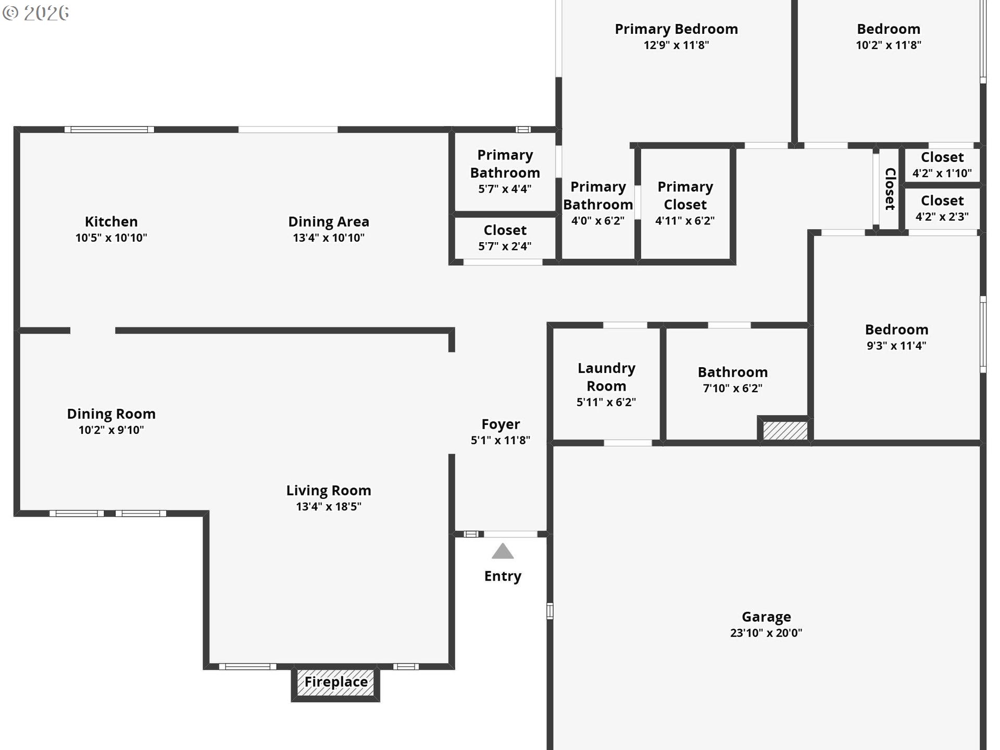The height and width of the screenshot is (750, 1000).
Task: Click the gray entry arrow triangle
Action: tap(503, 552)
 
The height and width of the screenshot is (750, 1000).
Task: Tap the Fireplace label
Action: tap(336, 682)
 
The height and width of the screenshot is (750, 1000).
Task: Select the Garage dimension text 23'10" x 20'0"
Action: tap(766, 633)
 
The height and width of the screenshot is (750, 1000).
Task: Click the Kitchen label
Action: tap(111, 221)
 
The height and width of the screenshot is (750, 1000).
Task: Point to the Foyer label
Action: tap(501, 424)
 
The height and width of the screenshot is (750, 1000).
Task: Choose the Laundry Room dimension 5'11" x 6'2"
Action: tap(606, 402)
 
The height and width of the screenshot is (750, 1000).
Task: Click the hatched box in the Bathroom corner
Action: tap(785, 431)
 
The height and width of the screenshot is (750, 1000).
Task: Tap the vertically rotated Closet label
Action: tap(890, 189)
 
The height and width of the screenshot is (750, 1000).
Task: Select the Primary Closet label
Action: tap(685, 195)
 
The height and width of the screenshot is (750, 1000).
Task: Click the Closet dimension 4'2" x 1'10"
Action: tap(942, 173)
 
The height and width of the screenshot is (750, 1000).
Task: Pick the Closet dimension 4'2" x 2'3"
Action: tap(942, 217)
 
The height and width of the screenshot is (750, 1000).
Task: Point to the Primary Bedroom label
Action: tap(677, 29)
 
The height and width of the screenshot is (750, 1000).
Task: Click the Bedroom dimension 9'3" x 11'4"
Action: tap(896, 346)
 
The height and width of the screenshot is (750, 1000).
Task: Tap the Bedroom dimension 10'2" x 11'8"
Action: tap(889, 45)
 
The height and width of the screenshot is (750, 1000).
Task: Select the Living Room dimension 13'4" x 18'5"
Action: tap(329, 507)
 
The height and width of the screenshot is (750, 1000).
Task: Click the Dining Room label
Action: tap(111, 414)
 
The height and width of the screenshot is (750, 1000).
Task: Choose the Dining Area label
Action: tap(329, 221)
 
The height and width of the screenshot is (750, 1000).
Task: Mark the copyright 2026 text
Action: tap(36, 13)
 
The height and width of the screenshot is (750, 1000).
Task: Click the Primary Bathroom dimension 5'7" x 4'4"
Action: tap(505, 189)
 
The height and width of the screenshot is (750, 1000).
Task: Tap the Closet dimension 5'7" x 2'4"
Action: tap(505, 246)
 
